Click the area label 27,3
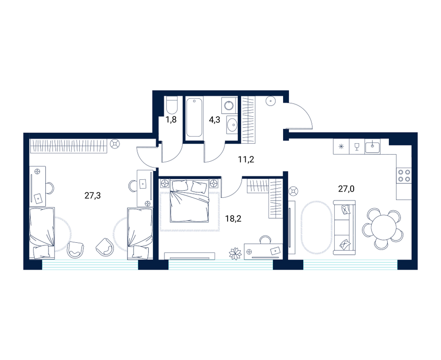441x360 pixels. coord(93,195)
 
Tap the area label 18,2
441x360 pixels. coord(233,219)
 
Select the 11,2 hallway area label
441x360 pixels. coord(246,160)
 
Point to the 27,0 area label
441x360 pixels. coord(346,189)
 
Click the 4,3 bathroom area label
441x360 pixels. coord(214,119)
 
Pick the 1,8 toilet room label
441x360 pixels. coord(171,119)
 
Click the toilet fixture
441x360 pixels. coord(171,105)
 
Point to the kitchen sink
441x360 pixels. coord(373,147)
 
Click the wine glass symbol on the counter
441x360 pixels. coord(357,146)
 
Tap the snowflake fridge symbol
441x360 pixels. coord(341,146)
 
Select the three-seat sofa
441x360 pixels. coord(344,227)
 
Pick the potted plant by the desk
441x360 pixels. coord(235,254)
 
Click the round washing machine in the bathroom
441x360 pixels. coord(229,105)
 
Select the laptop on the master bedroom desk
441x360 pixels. coord(275,250)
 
